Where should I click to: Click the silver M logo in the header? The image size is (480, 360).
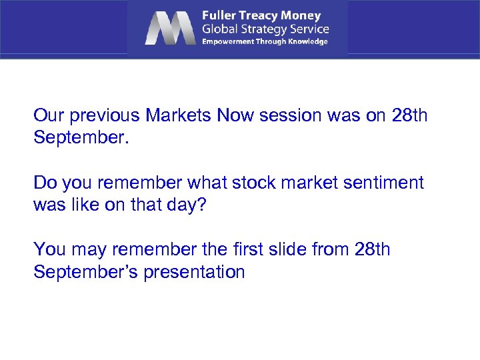click(x=169, y=28)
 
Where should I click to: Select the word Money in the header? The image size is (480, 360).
click(x=302, y=15)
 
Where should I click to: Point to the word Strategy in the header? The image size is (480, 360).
click(x=263, y=29)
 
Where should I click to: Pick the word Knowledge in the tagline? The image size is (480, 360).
click(x=307, y=41)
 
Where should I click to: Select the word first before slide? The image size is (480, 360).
click(x=250, y=250)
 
